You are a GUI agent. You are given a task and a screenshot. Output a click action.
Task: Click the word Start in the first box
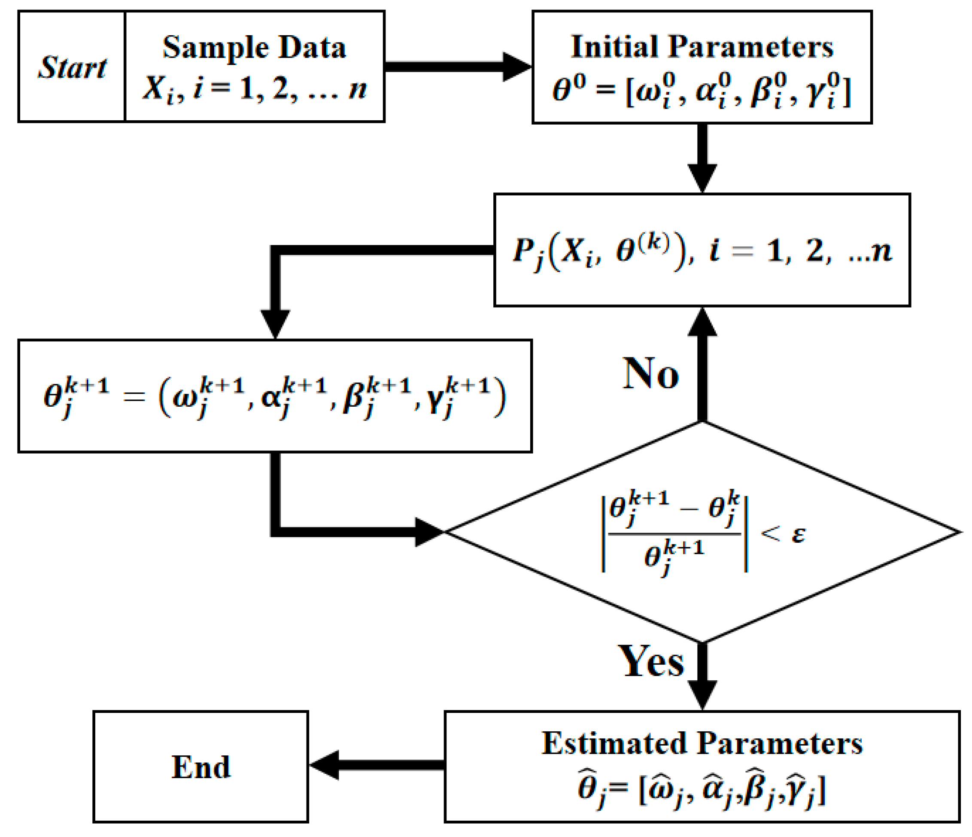click(x=72, y=67)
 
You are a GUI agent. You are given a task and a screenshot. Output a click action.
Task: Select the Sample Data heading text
click(x=254, y=47)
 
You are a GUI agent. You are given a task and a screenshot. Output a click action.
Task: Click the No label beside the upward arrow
click(x=651, y=374)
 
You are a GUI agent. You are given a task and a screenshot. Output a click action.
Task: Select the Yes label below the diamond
click(x=652, y=661)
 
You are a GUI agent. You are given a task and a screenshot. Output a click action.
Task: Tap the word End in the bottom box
click(x=201, y=767)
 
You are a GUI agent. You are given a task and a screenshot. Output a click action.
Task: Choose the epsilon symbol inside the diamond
click(x=799, y=534)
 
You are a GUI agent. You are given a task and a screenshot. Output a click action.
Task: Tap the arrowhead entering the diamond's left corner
click(x=428, y=532)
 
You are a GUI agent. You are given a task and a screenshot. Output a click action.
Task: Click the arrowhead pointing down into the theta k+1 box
click(x=275, y=324)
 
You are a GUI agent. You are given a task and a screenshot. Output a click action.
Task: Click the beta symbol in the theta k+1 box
click(x=353, y=399)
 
